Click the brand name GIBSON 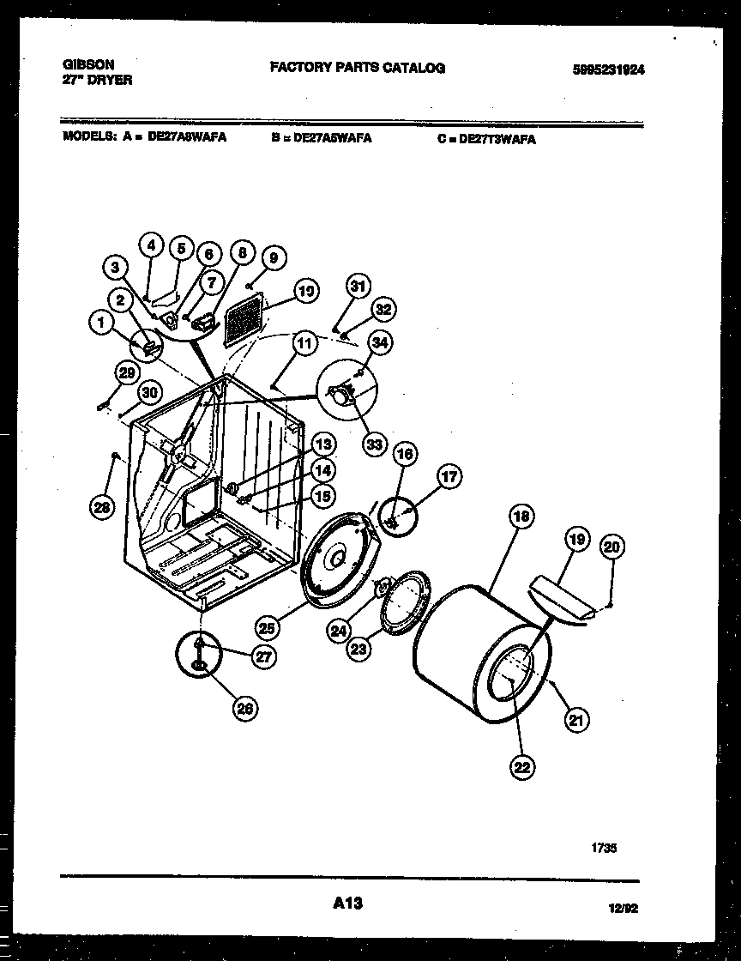point(89,64)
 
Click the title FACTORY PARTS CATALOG point(358,67)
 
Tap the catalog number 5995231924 point(608,70)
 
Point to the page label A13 point(346,903)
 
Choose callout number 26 point(246,707)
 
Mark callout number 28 point(101,508)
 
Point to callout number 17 point(449,477)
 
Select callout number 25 point(268,627)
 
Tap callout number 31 point(358,287)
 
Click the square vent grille point(246,322)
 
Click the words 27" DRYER point(98,80)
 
